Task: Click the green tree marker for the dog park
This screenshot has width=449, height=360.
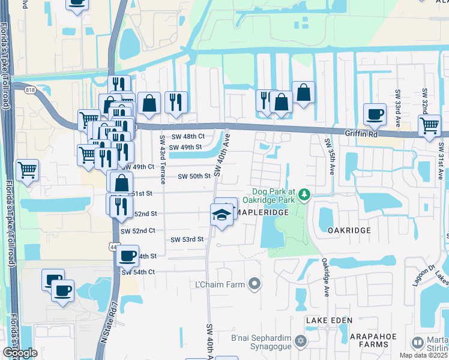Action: tap(305, 194)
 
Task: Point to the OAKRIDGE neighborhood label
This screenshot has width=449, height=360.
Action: tap(349, 230)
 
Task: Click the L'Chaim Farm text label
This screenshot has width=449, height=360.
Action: tap(219, 283)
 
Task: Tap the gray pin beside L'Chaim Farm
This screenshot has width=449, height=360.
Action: tap(255, 283)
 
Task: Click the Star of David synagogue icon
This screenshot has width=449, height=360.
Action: tap(300, 342)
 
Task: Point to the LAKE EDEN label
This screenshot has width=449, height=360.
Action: tap(329, 321)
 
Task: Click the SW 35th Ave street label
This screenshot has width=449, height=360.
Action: tap(330, 157)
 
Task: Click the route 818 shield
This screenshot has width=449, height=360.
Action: tap(29, 91)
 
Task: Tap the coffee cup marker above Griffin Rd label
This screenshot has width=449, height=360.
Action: tap(375, 113)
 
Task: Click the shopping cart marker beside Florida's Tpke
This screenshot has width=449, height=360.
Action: tap(27, 170)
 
